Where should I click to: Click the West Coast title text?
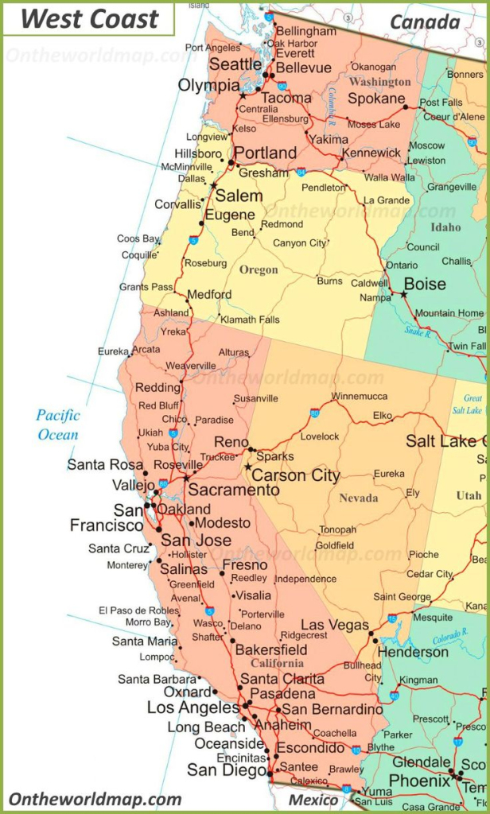tap(89, 20)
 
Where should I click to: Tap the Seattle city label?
tap(235, 64)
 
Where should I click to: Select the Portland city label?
tap(265, 153)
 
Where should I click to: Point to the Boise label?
tap(425, 285)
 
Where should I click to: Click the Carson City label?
tap(297, 475)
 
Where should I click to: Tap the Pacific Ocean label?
tap(58, 424)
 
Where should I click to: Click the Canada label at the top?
tap(424, 21)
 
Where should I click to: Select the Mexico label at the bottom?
tap(313, 799)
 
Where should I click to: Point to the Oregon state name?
tap(259, 270)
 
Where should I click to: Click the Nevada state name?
tap(359, 498)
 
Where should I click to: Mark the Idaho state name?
tap(445, 227)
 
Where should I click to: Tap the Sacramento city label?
tap(234, 490)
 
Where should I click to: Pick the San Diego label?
tap(226, 769)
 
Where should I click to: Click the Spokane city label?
tap(376, 99)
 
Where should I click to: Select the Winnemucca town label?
tap(360, 396)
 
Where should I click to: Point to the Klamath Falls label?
tap(250, 320)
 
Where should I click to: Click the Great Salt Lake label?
tap(472, 405)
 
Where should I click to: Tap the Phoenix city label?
tap(419, 781)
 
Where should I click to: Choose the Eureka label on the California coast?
tap(113, 351)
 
